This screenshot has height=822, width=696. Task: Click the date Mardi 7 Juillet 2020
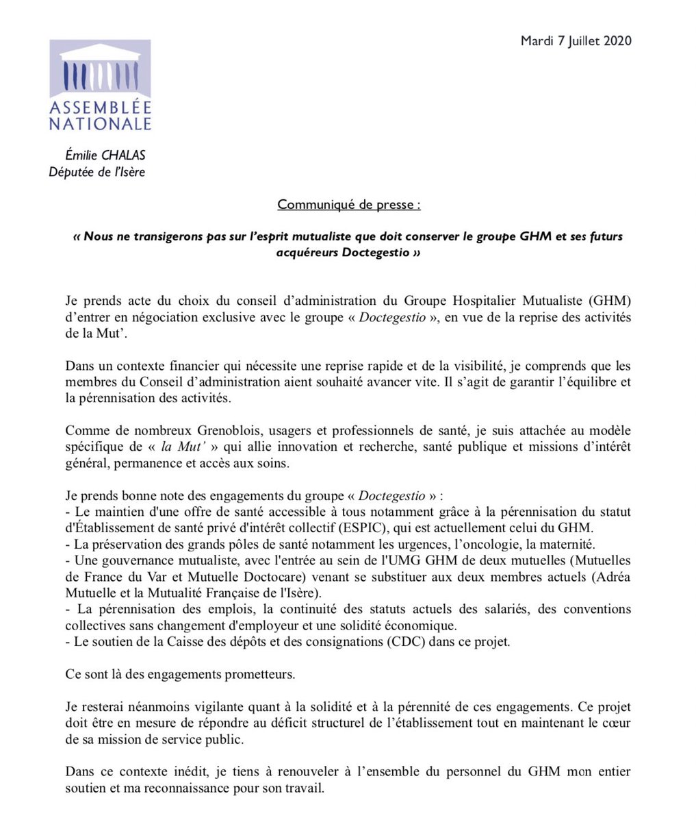(576, 41)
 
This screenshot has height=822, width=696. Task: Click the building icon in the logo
(100, 68)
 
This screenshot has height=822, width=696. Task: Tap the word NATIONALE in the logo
(100, 124)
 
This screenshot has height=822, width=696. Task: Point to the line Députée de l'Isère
(96, 172)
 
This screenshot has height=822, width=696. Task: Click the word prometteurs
(258, 674)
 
